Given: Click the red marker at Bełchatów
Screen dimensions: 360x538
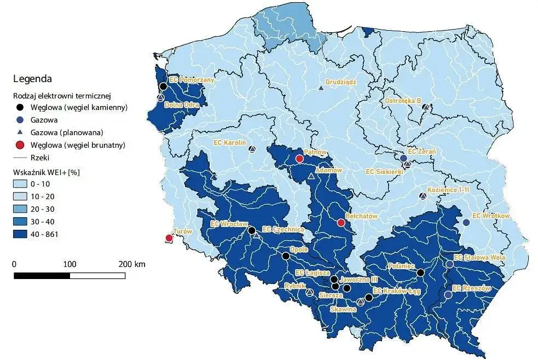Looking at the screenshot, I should pos(341,223).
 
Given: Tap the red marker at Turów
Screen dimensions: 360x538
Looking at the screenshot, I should pos(169,238).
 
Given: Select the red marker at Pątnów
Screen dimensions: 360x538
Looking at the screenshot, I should pos(299,159).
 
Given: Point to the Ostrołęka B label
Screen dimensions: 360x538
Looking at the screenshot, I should pos(402,101).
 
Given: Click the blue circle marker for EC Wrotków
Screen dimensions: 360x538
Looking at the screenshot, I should pos(466,223).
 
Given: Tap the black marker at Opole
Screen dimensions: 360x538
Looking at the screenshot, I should pos(285,256).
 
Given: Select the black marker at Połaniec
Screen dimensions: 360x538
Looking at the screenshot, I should pos(420,272).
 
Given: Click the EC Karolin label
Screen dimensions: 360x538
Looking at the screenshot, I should pos(228,141).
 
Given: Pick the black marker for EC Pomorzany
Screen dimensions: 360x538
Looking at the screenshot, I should pos(163,86).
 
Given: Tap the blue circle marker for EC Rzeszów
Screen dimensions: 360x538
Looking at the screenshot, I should pos(448,295).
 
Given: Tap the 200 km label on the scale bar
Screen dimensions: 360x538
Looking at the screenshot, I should pos(131,264).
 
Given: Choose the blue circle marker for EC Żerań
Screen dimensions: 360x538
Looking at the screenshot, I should pos(403,158).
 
